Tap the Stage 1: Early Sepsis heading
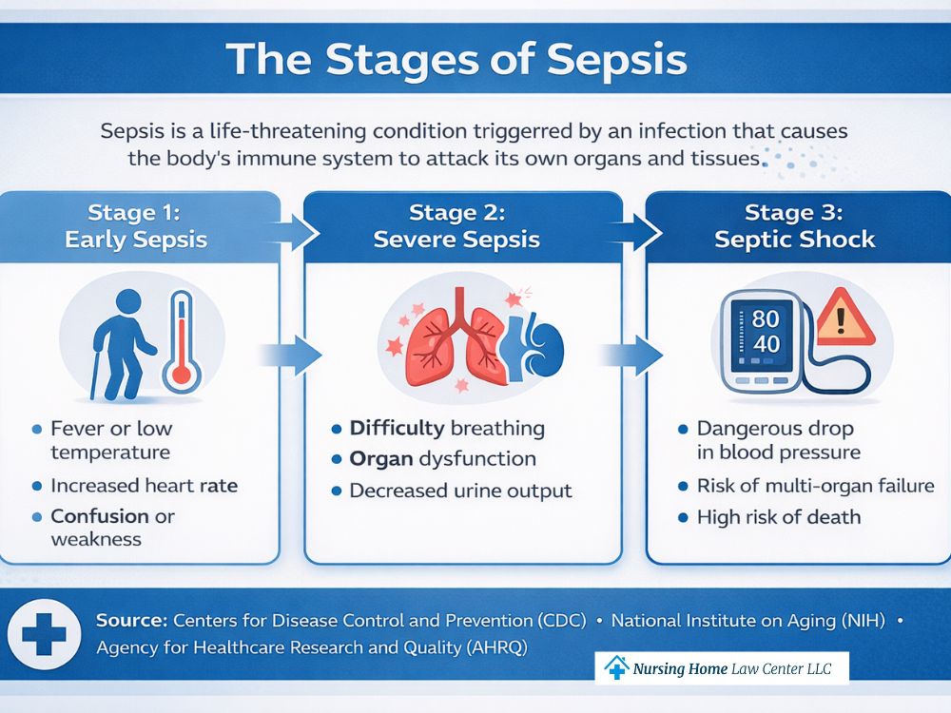[136, 225]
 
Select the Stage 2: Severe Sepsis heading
[456, 225]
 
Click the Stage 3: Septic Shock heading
[794, 225]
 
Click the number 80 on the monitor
[766, 318]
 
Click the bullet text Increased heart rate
[144, 486]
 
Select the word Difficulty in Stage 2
[397, 428]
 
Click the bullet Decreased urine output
[460, 491]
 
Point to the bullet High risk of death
[778, 517]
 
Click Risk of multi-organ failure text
[815, 486]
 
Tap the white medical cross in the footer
[44, 633]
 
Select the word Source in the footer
[131, 620]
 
